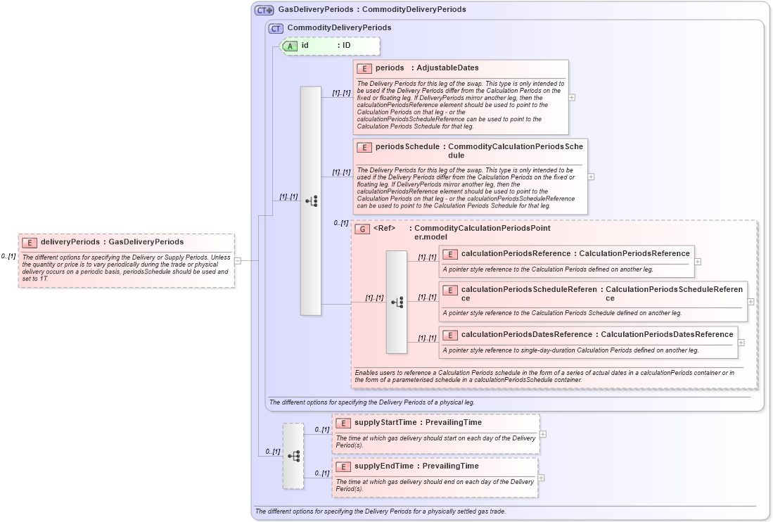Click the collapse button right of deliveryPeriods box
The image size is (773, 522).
[x=238, y=260]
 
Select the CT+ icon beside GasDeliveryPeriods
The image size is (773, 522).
[x=264, y=10]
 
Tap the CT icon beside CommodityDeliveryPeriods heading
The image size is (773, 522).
[x=276, y=28]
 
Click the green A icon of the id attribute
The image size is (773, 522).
[x=290, y=46]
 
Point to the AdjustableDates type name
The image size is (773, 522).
[x=447, y=68]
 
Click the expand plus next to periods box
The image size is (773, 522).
[x=572, y=97]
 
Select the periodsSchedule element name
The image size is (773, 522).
[x=407, y=147]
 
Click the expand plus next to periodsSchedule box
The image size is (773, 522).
[x=591, y=177]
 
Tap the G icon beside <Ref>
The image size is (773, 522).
[x=362, y=229]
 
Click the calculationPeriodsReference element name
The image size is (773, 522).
[x=516, y=254]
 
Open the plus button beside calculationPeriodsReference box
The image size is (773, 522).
[x=698, y=261]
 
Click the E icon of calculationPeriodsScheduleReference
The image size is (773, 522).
[x=450, y=290]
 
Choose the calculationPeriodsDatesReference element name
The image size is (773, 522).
[x=517, y=335]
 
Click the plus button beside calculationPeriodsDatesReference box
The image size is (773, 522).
[x=741, y=343]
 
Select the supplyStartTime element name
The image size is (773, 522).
[x=386, y=423]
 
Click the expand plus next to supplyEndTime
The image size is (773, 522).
[x=541, y=478]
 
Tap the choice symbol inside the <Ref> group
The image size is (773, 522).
[x=397, y=302]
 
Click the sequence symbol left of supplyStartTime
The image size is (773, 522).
[x=293, y=456]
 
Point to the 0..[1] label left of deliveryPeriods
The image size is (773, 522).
[x=8, y=256]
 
